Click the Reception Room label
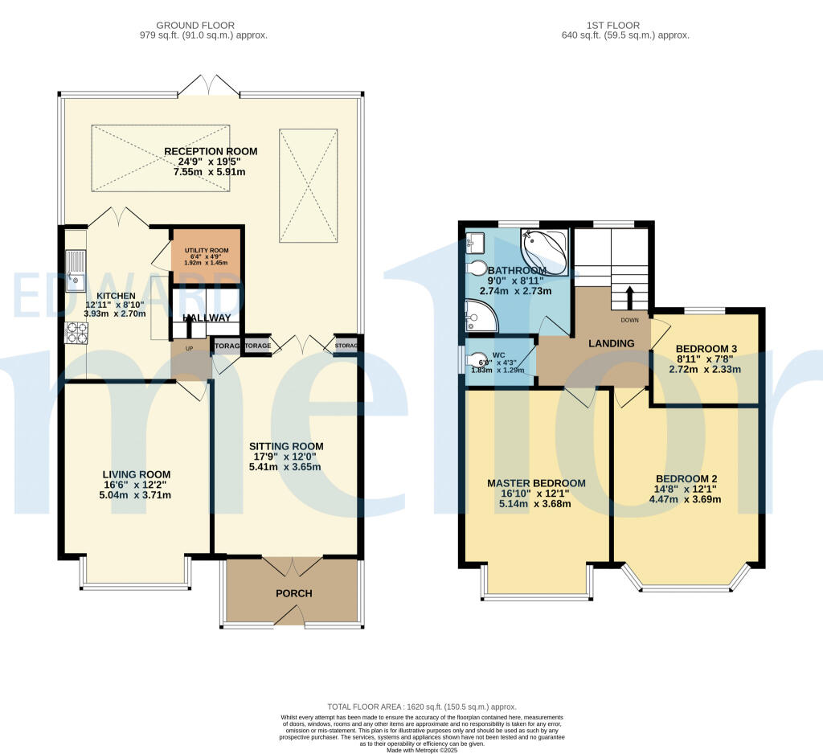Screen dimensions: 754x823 point(211,151)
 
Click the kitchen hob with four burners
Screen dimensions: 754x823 point(77,332)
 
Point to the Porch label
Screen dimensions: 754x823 point(293,593)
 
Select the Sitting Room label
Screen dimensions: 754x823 point(285,446)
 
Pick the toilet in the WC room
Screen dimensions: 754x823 point(478,361)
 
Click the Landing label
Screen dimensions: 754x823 point(612,343)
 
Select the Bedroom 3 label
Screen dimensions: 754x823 point(696,348)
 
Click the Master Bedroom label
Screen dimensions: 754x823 point(536,483)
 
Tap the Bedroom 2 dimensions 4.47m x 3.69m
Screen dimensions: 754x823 point(684,498)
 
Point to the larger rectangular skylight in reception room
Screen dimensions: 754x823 point(162,158)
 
